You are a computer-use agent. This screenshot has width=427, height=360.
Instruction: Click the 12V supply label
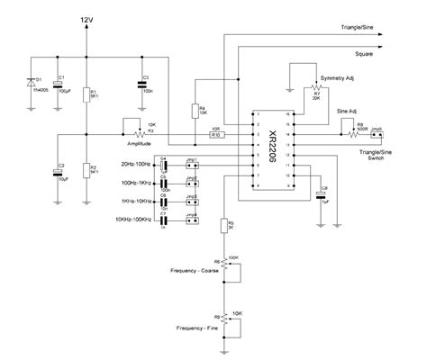point(86,19)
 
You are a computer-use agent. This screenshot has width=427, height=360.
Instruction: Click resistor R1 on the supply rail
point(86,95)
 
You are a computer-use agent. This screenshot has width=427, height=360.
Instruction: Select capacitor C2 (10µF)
point(57,168)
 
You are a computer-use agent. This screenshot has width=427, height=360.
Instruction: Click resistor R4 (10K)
point(195,111)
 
